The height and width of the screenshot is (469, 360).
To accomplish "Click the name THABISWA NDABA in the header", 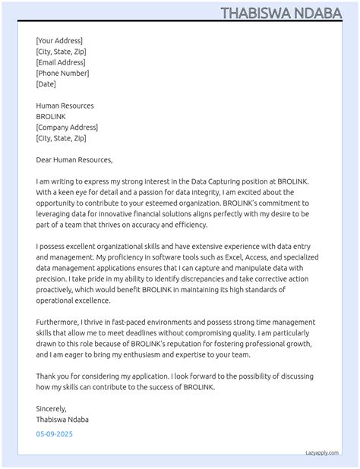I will [x=288, y=13].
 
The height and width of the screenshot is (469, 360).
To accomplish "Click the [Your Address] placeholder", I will [x=59, y=41].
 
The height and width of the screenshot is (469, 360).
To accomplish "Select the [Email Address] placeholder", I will [x=61, y=62].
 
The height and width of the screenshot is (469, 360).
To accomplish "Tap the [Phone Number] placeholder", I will [x=62, y=74].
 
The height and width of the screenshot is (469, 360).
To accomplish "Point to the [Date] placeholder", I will [x=46, y=84].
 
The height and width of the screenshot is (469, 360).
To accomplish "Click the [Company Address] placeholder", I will [x=67, y=127].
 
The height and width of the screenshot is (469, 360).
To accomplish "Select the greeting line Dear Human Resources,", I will [x=74, y=160].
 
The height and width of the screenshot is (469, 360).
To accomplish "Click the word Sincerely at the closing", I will [x=52, y=408].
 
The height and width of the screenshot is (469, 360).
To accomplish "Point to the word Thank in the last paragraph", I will [x=46, y=376].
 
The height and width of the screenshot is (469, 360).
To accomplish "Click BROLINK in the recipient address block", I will [x=51, y=117].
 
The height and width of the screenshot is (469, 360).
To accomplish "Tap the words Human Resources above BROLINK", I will [x=65, y=105].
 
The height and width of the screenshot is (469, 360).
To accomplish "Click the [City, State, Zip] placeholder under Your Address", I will [x=61, y=52].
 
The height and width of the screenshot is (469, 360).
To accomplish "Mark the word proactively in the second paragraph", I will [x=59, y=289].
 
